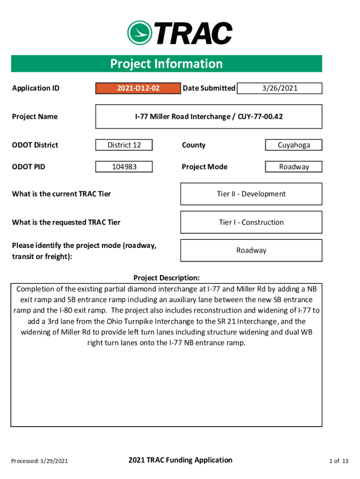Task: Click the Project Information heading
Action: pyautogui.click(x=166, y=64)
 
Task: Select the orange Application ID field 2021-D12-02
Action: pyautogui.click(x=138, y=88)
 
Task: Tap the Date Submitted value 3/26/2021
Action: pyautogui.click(x=280, y=88)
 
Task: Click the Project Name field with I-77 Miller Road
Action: pyautogui.click(x=209, y=116)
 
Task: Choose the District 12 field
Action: pyautogui.click(x=124, y=145)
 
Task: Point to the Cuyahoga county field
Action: pyautogui.click(x=294, y=145)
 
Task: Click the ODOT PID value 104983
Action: pyautogui.click(x=124, y=167)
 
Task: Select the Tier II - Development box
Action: pyautogui.click(x=251, y=194)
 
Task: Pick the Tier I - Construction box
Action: pyautogui.click(x=251, y=222)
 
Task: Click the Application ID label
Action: pyautogui.click(x=36, y=88)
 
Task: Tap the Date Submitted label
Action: pyautogui.click(x=209, y=88)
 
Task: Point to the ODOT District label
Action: pyautogui.click(x=35, y=145)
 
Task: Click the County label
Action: pyautogui.click(x=194, y=145)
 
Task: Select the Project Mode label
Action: pyautogui.click(x=204, y=167)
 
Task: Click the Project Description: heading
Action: pyautogui.click(x=166, y=278)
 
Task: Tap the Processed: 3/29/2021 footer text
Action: pyautogui.click(x=40, y=461)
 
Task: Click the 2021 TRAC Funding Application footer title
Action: pyautogui.click(x=180, y=460)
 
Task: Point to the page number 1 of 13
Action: pyautogui.click(x=339, y=461)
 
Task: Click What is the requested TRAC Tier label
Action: pyautogui.click(x=66, y=222)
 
